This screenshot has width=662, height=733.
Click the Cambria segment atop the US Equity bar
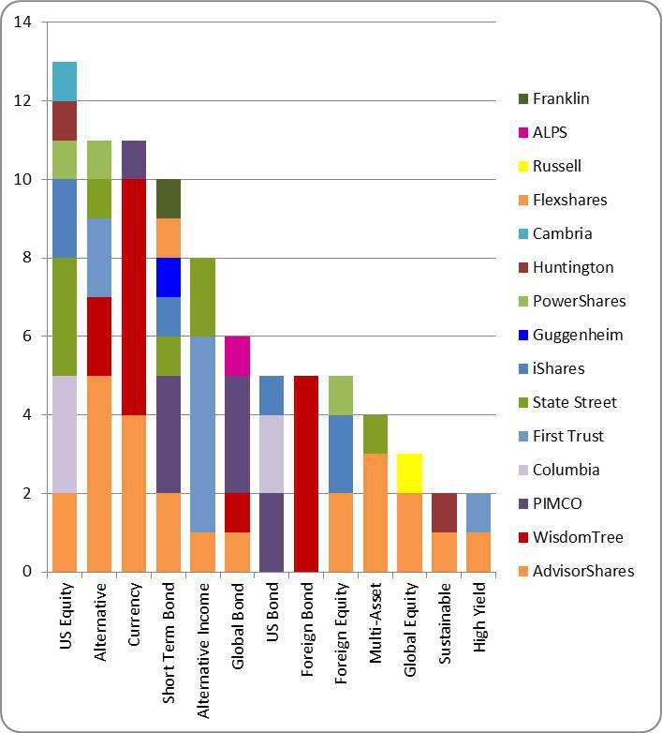(x=65, y=82)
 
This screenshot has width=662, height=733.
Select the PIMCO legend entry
(x=557, y=503)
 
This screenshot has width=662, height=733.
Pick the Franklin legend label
(x=561, y=98)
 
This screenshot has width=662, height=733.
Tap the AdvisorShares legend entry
(x=583, y=571)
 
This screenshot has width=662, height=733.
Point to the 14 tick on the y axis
(x=23, y=22)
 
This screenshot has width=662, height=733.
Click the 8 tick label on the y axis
(x=27, y=258)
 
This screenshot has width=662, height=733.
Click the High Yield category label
(x=478, y=620)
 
